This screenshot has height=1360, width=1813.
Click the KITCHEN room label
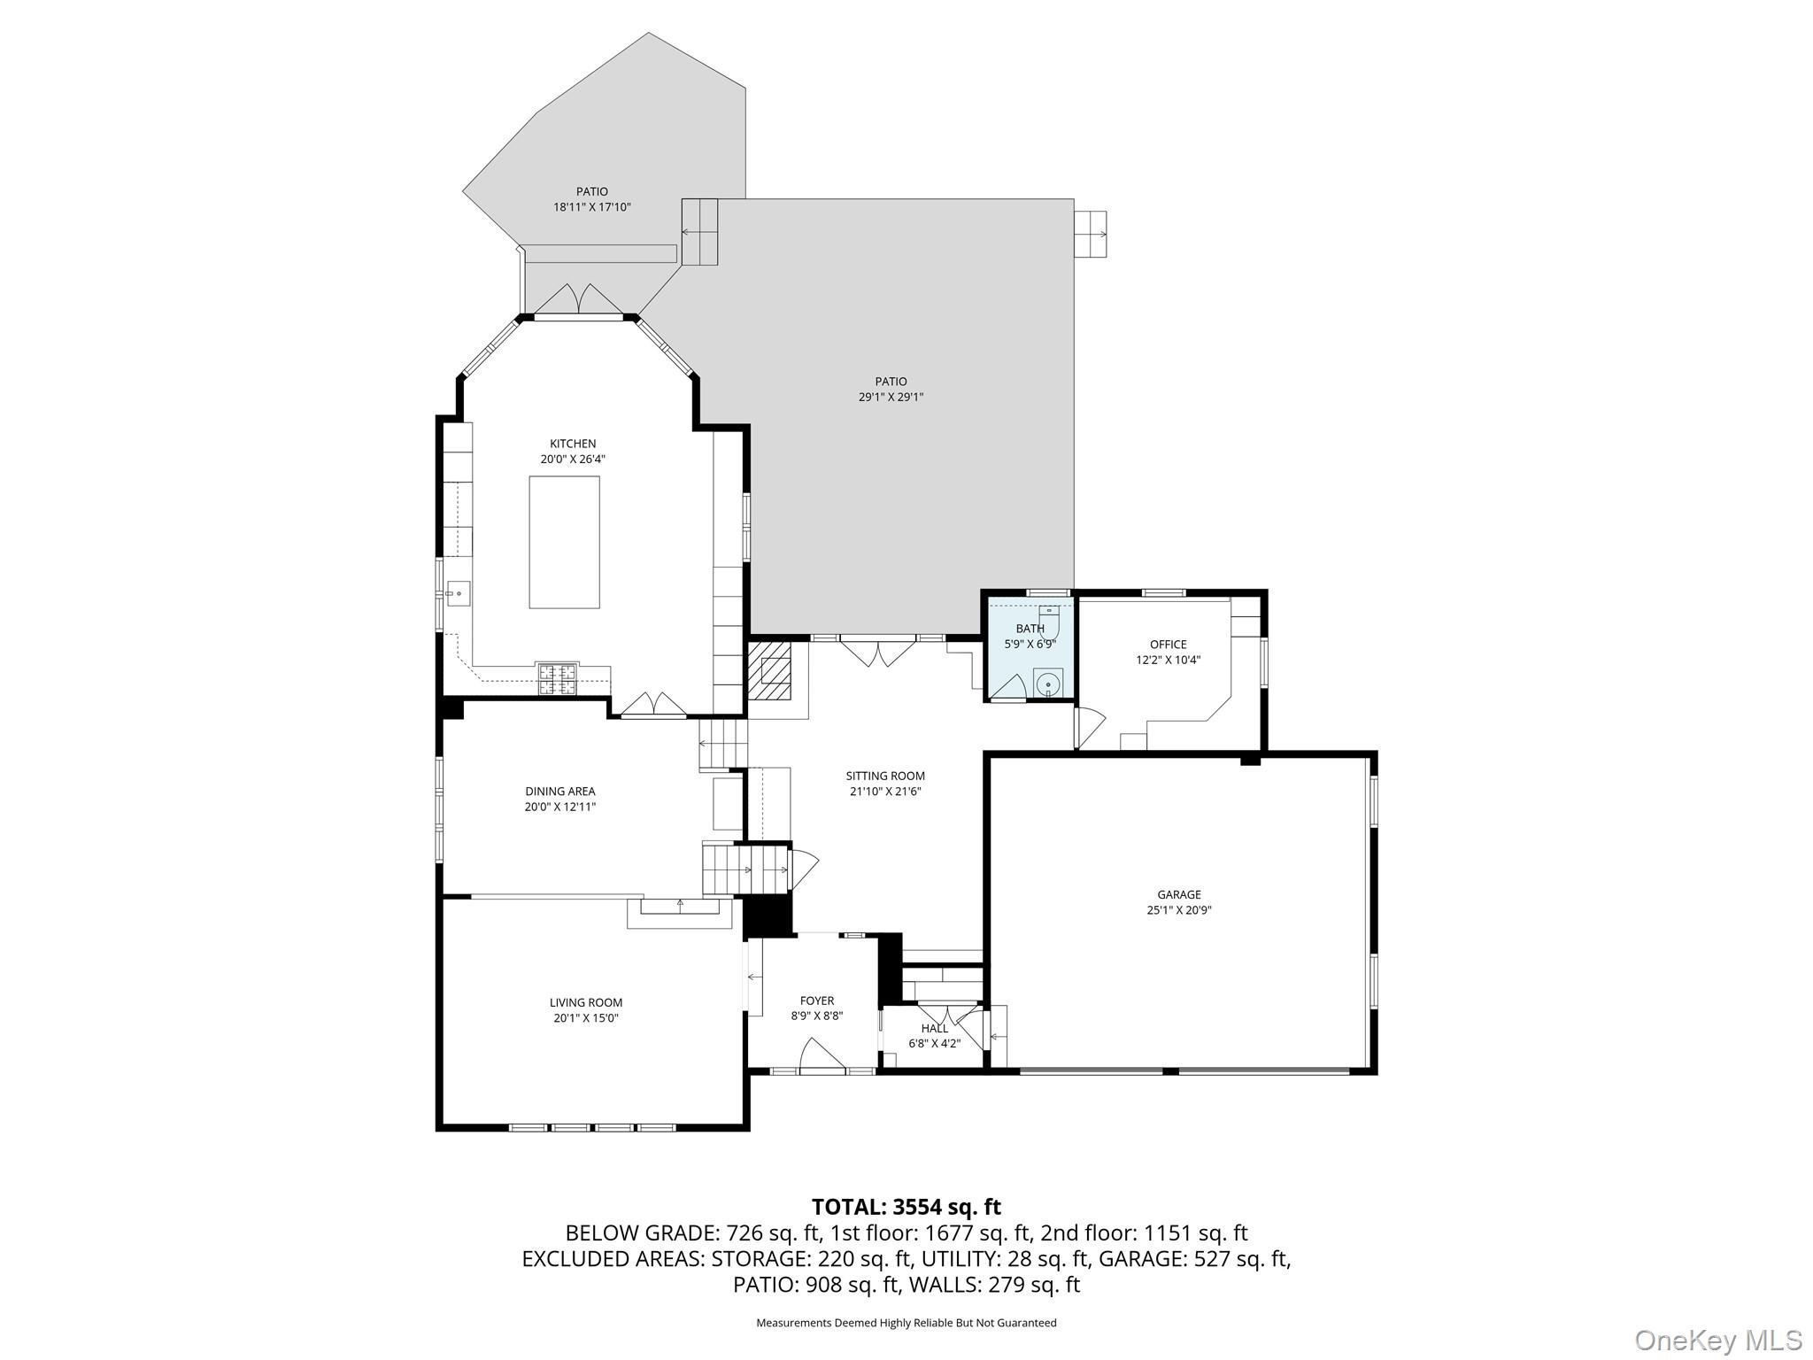[573, 444]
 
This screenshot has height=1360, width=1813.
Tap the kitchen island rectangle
[564, 542]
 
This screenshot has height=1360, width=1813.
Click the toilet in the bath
[1048, 617]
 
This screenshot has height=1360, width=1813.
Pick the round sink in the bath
[1048, 684]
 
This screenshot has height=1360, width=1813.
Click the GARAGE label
[1179, 894]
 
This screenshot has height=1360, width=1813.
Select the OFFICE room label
[1169, 645]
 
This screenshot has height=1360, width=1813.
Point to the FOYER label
[817, 1001]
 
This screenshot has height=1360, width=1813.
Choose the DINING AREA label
[560, 792]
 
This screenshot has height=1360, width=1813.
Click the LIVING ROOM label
[586, 1003]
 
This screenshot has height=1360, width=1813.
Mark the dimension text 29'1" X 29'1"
[891, 398]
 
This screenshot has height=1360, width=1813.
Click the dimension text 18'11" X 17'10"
[592, 207]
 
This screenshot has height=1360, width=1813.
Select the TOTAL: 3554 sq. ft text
[906, 1207]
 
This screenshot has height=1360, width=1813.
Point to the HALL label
[935, 1029]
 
